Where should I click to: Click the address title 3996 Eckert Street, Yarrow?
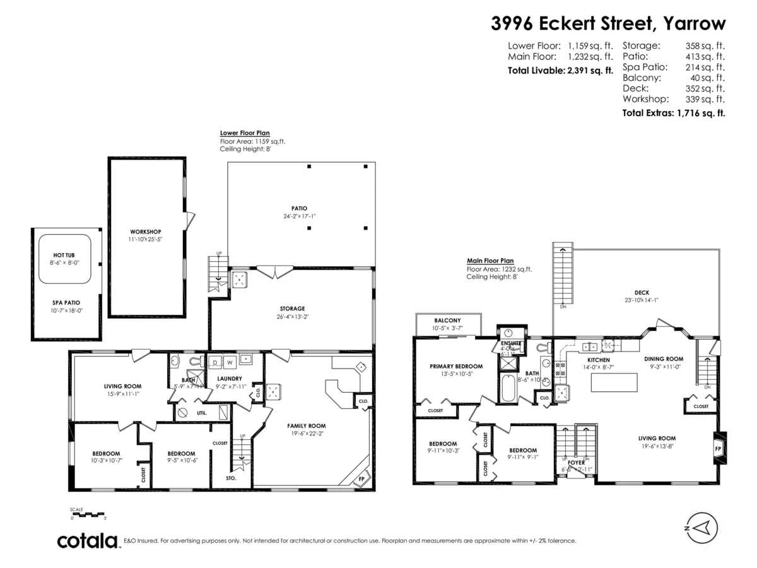pyautogui.click(x=608, y=23)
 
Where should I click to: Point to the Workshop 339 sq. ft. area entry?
pyautogui.click(x=674, y=99)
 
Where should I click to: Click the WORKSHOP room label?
pyautogui.click(x=146, y=231)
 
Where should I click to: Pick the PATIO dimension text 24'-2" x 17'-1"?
pyautogui.click(x=300, y=216)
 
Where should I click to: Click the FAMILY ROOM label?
pyautogui.click(x=307, y=425)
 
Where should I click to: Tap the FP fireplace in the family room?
pyautogui.click(x=361, y=478)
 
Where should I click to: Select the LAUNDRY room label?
pyautogui.click(x=230, y=379)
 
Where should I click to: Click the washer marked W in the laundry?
pyautogui.click(x=229, y=363)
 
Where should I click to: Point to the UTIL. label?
pyautogui.click(x=202, y=413)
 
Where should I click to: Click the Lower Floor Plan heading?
pyautogui.click(x=245, y=133)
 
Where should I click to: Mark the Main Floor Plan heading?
pyautogui.click(x=490, y=260)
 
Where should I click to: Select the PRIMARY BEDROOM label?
pyautogui.click(x=456, y=366)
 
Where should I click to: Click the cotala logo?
pyautogui.click(x=88, y=541)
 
